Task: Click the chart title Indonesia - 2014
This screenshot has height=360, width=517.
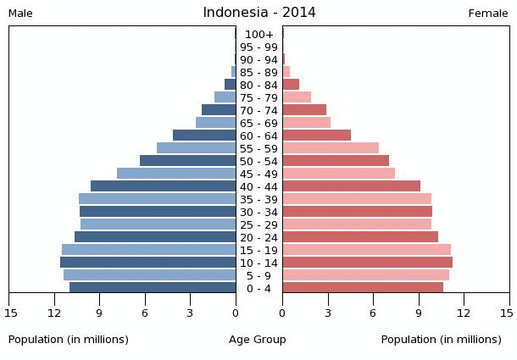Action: (258, 13)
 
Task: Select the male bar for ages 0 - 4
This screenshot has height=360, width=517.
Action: (153, 288)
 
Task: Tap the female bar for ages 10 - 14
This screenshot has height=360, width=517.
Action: (367, 263)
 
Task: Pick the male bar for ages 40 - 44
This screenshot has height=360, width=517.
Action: (163, 186)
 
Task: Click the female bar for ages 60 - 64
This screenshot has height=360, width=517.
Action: (316, 136)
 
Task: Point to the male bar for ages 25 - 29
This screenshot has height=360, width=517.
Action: (158, 224)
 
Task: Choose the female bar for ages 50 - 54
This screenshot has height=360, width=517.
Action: (336, 161)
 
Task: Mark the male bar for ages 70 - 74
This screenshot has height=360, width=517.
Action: (219, 110)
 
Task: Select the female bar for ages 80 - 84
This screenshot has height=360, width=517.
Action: (291, 85)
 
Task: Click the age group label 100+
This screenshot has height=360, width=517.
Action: (258, 34)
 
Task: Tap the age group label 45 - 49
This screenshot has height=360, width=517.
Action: (258, 174)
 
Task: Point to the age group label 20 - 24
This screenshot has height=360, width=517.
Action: (258, 237)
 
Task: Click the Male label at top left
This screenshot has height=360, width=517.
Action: (20, 14)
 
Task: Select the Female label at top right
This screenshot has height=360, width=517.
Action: (488, 14)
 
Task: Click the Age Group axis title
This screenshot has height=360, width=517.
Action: (258, 340)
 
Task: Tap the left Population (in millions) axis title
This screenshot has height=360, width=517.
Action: (69, 340)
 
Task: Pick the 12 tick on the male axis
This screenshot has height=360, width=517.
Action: (54, 313)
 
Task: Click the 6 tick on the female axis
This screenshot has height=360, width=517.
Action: (373, 313)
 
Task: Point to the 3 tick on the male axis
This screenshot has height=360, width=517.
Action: (190, 313)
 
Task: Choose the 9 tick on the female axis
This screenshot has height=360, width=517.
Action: (419, 313)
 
